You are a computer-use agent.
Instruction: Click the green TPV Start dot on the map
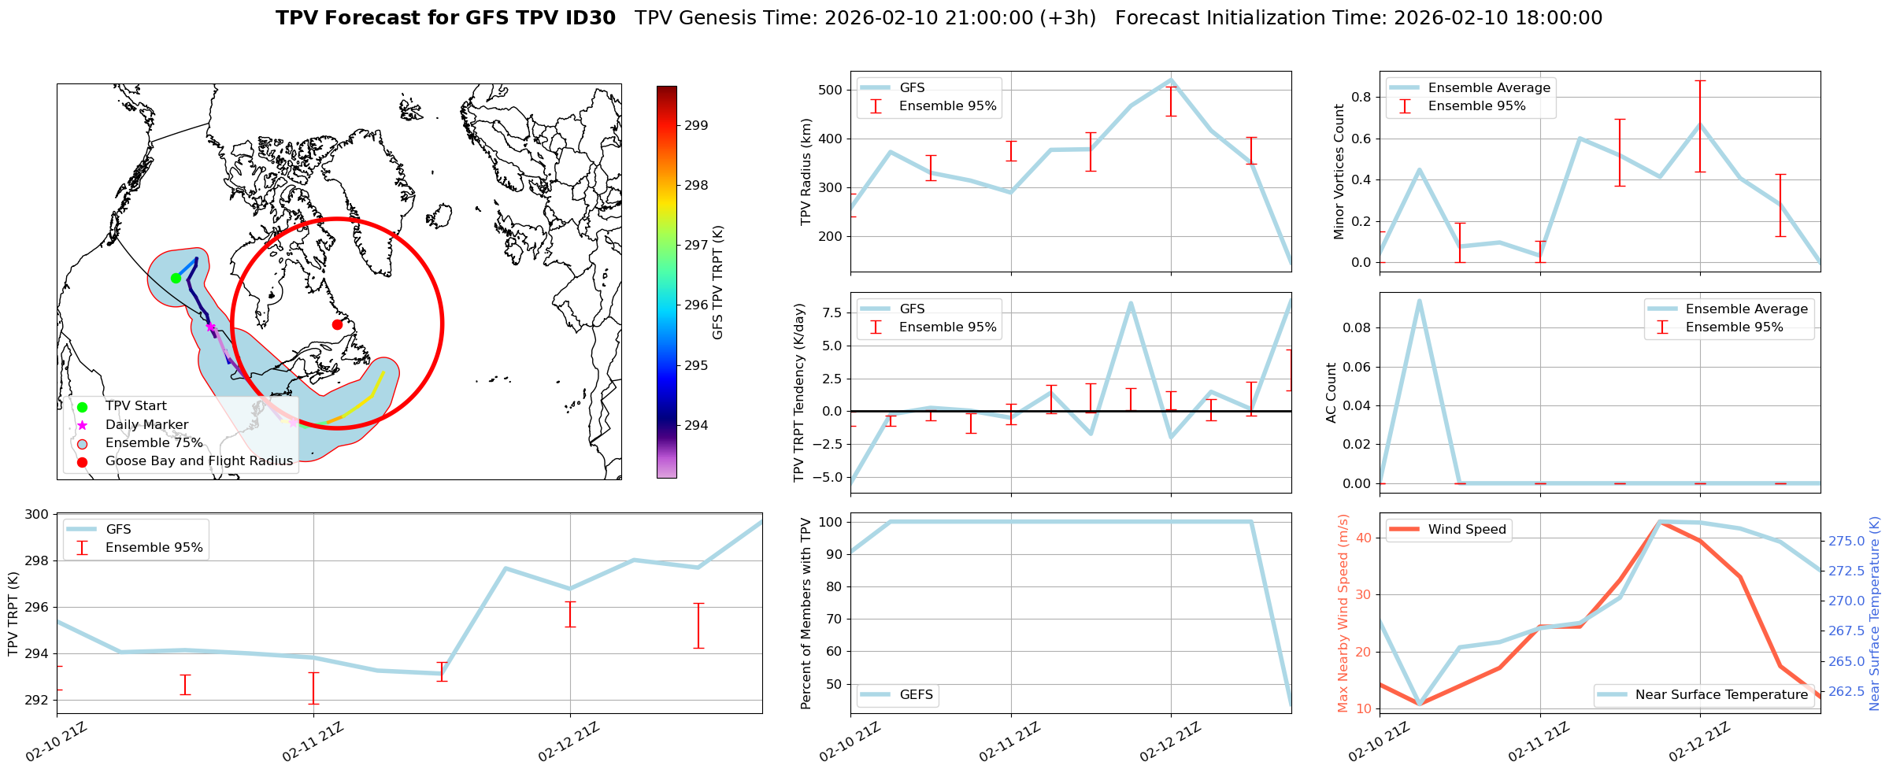coord(176,278)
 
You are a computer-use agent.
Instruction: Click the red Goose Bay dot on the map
coord(337,324)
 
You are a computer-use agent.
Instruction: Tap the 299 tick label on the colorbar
coord(696,125)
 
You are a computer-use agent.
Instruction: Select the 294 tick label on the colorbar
coord(696,426)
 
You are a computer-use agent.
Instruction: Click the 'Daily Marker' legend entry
coord(146,425)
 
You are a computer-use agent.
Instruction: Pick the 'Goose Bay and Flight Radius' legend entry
coord(198,461)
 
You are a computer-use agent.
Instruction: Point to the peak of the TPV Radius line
coord(1171,80)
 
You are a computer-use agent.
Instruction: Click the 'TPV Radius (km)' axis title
coord(806,172)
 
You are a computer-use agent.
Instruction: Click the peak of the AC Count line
coord(1419,300)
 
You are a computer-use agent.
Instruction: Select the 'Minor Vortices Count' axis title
coord(1339,172)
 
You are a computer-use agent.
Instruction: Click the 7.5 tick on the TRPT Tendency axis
coord(835,313)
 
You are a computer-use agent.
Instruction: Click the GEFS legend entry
coord(916,695)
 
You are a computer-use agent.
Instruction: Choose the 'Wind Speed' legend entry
coord(1466,530)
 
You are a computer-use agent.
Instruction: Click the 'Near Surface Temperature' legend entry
coord(1721,695)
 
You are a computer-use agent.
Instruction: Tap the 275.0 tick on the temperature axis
coord(1846,541)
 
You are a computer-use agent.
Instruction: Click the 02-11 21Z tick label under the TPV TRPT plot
coord(313,742)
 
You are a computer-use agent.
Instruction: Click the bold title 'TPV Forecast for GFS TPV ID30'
coord(446,18)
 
